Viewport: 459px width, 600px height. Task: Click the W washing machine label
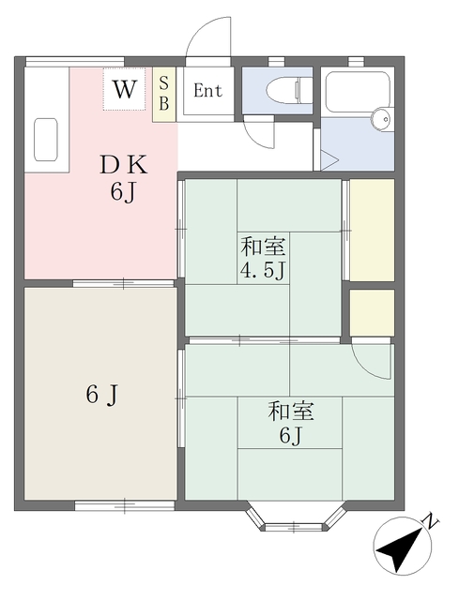[x=125, y=89]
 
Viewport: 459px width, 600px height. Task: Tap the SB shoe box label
[x=164, y=94]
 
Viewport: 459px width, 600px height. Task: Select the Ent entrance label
[x=207, y=91]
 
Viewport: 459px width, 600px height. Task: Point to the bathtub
[x=358, y=91]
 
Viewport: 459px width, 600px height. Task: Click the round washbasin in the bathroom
[x=381, y=119]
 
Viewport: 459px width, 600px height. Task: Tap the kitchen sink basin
[x=46, y=140]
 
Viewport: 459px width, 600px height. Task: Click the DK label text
[x=123, y=166]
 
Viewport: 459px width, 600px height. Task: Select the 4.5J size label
[x=263, y=271]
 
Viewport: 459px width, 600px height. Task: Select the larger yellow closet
[x=373, y=230]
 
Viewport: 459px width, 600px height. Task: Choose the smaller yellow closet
[x=372, y=313]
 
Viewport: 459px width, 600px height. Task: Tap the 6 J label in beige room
[x=101, y=395]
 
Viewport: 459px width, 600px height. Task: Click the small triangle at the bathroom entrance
[x=329, y=160]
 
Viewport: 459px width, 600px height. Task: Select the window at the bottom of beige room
[x=125, y=506]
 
